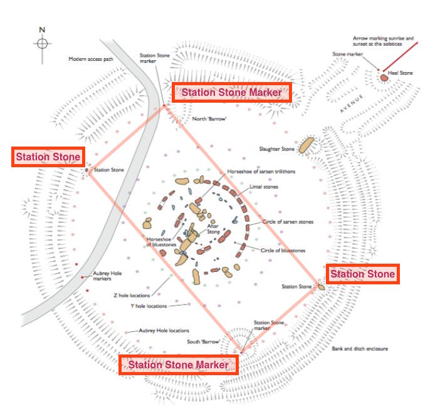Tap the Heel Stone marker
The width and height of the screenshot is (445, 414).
[x=383, y=77]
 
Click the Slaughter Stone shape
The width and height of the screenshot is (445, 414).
[x=306, y=145]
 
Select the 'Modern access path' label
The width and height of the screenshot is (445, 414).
[x=91, y=60]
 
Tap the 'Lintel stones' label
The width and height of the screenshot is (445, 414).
[x=264, y=187]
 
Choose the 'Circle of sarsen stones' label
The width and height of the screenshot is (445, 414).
[x=288, y=222]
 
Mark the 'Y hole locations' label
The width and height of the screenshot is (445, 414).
[x=149, y=306]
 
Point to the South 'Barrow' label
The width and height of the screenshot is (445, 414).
[x=202, y=342]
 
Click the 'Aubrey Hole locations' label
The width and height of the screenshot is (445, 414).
[x=164, y=330]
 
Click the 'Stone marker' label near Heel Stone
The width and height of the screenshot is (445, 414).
[x=348, y=54]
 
